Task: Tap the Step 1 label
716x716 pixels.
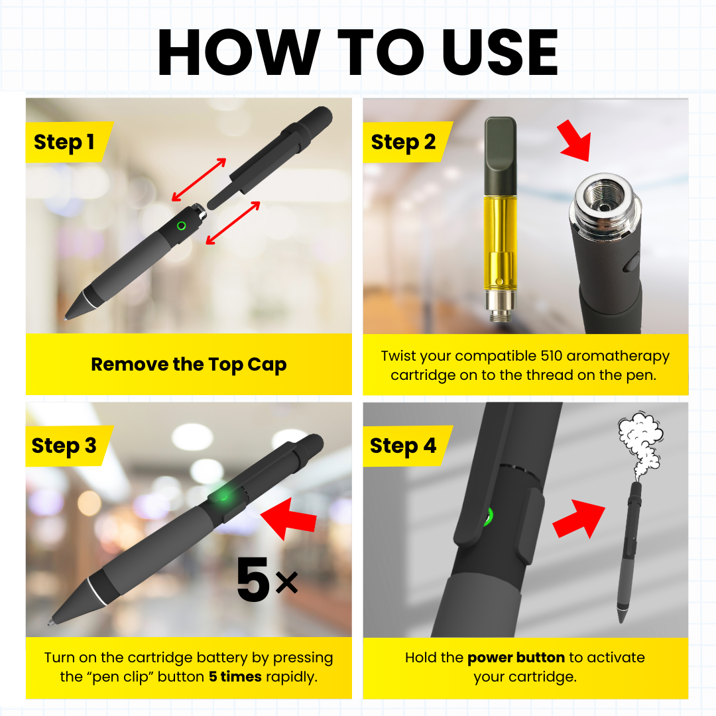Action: tap(64, 143)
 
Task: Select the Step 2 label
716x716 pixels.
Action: tap(403, 143)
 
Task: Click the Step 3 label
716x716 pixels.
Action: tap(64, 446)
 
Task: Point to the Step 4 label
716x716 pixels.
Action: tap(403, 446)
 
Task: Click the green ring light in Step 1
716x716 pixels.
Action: tap(181, 225)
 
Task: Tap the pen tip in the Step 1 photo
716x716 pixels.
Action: tap(70, 316)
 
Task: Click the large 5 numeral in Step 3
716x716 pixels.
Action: tap(253, 580)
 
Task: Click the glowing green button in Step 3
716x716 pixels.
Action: tap(224, 497)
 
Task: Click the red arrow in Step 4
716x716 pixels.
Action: tap(579, 519)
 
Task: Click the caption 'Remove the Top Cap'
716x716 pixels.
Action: tap(188, 365)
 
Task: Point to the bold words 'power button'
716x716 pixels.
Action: tap(516, 658)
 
